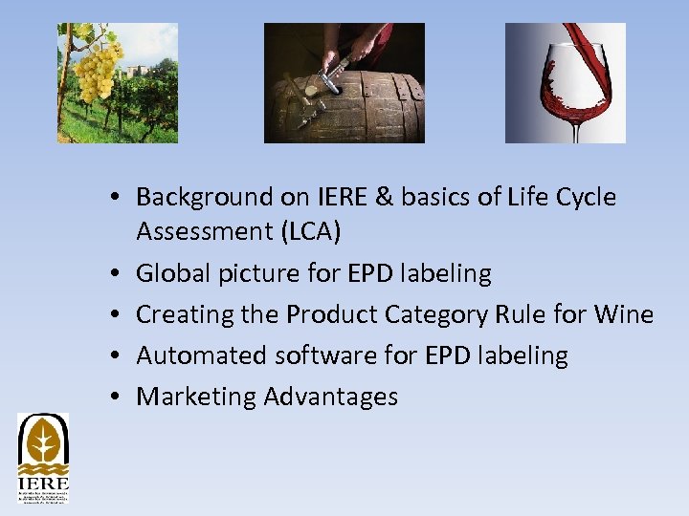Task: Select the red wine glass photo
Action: click(x=565, y=83)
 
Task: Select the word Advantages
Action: click(x=331, y=397)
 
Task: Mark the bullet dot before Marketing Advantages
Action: click(x=113, y=398)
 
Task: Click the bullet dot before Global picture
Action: click(x=113, y=274)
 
